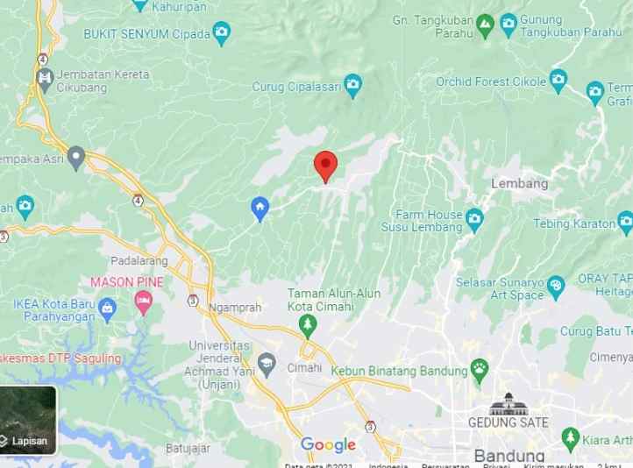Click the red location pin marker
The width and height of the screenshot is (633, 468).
click(x=325, y=164)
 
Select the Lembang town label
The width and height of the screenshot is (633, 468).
click(x=519, y=183)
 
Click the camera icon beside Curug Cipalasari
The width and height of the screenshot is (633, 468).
click(x=352, y=85)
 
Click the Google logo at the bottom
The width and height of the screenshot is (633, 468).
click(x=328, y=445)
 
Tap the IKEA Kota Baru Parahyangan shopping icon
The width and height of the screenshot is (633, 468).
click(x=108, y=307)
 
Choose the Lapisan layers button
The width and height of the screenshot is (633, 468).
click(x=29, y=420)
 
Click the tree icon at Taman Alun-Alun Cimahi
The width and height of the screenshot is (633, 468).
click(x=307, y=326)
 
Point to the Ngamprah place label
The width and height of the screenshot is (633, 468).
click(x=236, y=308)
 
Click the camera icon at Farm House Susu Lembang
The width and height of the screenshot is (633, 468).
click(x=474, y=217)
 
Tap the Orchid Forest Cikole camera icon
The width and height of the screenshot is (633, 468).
click(x=559, y=82)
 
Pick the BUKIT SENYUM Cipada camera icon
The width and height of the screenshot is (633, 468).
click(x=223, y=34)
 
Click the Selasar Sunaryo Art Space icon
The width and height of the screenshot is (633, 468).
click(x=556, y=286)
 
